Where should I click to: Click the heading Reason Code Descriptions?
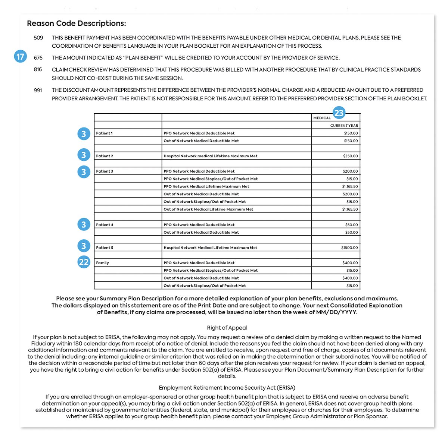pos(77,23)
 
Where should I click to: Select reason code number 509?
pos(38,38)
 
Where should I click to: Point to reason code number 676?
pos(38,58)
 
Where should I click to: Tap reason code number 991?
pos(38,90)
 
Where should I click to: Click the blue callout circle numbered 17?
pos(20,57)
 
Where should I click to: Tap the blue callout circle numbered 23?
pos(339,113)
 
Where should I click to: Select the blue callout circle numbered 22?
pos(84,262)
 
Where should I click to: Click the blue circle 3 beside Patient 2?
pos(84,155)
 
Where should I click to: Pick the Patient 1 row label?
pos(104,133)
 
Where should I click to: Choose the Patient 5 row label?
pos(105,248)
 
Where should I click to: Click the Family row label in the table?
pos(102,263)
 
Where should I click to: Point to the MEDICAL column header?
pos(322,118)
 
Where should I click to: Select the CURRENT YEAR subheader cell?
pos(344,126)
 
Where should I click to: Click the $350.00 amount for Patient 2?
pos(350,156)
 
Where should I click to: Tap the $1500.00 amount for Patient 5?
pos(349,248)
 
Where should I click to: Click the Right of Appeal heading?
pos(227,328)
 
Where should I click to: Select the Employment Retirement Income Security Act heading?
pos(227,388)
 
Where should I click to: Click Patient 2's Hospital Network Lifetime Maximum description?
pos(210,156)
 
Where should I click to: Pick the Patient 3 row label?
pos(105,171)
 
